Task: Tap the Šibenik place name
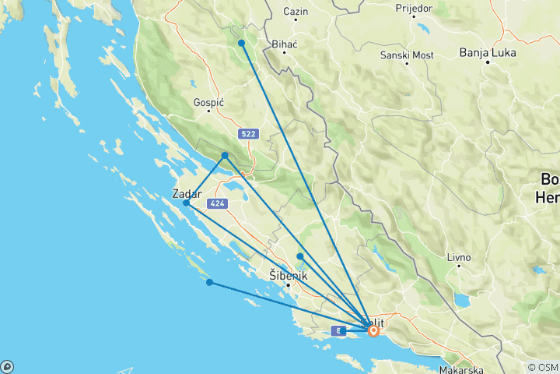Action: click(x=288, y=276)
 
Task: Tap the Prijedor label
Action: click(x=415, y=9)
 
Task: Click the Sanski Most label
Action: click(x=408, y=55)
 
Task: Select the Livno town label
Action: click(x=458, y=256)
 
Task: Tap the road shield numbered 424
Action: click(x=217, y=204)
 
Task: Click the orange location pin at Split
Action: click(x=374, y=330)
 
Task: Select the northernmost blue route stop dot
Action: click(x=242, y=43)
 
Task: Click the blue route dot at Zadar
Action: click(x=187, y=203)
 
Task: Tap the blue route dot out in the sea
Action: click(x=209, y=282)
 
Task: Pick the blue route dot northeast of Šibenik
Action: click(x=299, y=256)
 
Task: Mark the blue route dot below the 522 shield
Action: click(x=225, y=156)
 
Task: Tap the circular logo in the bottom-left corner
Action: click(x=6, y=367)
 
